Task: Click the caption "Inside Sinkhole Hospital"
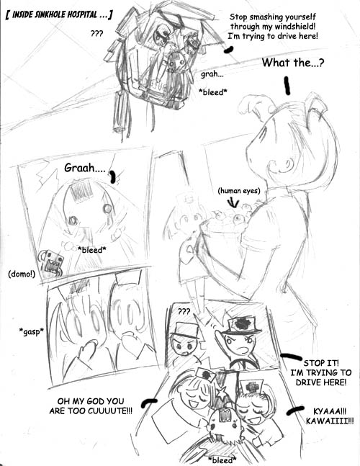pos(59,15)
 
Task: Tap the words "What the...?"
pos(293,63)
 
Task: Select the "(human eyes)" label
pos(239,190)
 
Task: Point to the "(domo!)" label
pos(22,274)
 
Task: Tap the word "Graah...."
pos(85,169)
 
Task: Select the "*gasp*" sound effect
pos(31,331)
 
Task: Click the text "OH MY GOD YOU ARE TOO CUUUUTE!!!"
pos(91,406)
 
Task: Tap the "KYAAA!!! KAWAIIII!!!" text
pos(330,416)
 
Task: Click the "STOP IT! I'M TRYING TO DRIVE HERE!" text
pos(321,372)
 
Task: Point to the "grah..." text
pos(212,73)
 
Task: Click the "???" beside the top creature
pos(96,33)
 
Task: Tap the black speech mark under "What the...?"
pos(287,86)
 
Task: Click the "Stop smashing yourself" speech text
pos(273,17)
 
